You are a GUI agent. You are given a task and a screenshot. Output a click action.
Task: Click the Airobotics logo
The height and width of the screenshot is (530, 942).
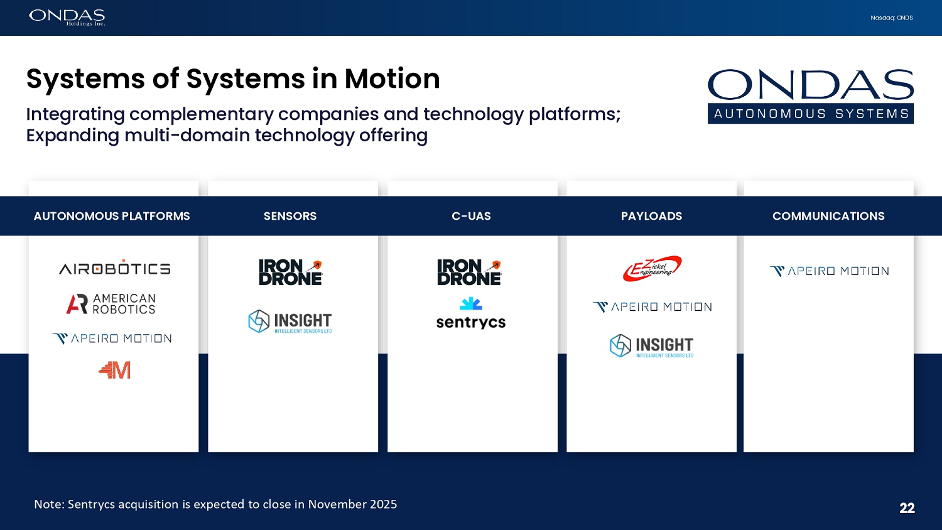tap(114, 268)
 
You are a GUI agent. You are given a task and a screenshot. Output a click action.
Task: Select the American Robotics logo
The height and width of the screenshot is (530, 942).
tap(111, 304)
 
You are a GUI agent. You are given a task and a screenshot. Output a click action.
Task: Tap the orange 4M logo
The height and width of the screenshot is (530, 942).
tap(114, 370)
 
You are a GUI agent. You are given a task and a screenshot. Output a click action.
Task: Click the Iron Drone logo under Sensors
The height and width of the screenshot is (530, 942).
tap(290, 273)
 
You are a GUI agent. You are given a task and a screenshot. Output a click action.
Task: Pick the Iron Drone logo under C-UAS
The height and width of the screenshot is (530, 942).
tap(469, 273)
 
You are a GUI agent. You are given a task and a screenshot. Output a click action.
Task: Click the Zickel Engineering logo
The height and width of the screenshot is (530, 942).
tap(652, 268)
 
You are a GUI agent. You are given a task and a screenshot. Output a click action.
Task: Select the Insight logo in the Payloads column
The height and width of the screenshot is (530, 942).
tap(652, 346)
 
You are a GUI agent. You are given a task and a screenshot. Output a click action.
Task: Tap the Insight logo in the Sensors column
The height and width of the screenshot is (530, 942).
tap(290, 322)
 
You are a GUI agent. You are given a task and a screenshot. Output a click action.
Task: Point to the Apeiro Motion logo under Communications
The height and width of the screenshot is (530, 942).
tap(829, 271)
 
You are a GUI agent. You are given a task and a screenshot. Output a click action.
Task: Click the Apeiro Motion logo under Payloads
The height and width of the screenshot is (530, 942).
tap(652, 307)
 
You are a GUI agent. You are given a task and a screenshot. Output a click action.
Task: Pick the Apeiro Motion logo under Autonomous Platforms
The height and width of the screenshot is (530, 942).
tap(112, 338)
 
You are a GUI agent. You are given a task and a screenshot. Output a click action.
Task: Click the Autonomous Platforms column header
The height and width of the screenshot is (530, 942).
tap(112, 216)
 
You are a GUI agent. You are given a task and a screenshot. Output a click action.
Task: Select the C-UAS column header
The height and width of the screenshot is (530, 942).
tap(471, 216)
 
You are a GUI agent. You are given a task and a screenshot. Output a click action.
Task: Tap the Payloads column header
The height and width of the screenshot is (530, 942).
tap(651, 216)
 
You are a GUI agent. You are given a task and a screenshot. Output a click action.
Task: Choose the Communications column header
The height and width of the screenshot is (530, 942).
tap(828, 216)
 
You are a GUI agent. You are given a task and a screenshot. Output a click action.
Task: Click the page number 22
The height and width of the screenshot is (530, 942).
tap(907, 508)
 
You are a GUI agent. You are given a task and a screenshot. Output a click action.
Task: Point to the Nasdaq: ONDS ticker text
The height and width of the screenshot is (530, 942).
tap(892, 18)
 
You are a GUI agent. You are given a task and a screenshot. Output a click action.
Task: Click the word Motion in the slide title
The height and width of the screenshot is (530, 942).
tap(392, 79)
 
